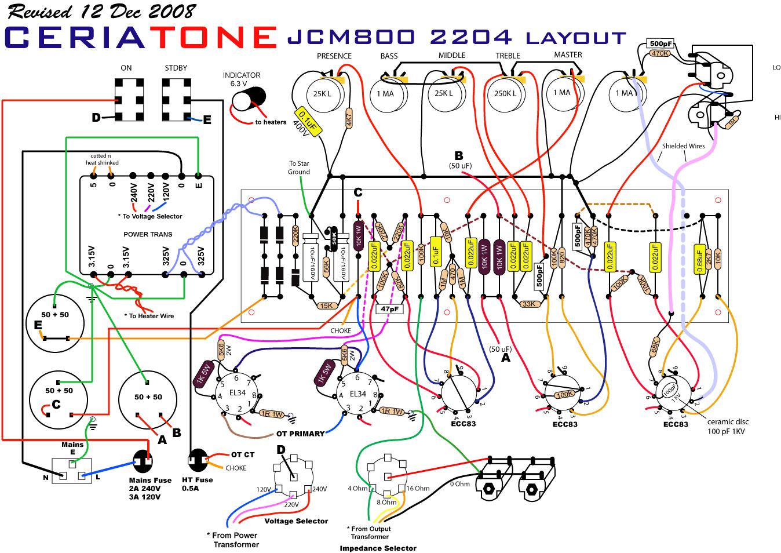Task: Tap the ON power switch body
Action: pyautogui.click(x=129, y=100)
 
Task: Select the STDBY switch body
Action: pyautogui.click(x=176, y=100)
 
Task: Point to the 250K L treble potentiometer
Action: pyautogui.click(x=506, y=94)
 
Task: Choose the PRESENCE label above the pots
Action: pyautogui.click(x=334, y=56)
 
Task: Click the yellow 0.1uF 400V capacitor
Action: pyautogui.click(x=308, y=122)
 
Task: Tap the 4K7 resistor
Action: pyautogui.click(x=349, y=118)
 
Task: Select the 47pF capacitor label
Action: pyautogui.click(x=390, y=309)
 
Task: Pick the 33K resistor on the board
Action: pyautogui.click(x=528, y=304)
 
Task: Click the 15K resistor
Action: pyautogui.click(x=326, y=305)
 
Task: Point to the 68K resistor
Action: pyautogui.click(x=655, y=346)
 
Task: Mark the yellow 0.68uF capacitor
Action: pyautogui.click(x=699, y=259)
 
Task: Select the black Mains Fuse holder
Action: pyautogui.click(x=142, y=461)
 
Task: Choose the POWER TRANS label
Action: pyautogui.click(x=148, y=234)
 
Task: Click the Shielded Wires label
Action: pyautogui.click(x=683, y=146)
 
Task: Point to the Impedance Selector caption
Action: pyautogui.click(x=378, y=548)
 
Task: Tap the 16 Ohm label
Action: pyautogui.click(x=418, y=488)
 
